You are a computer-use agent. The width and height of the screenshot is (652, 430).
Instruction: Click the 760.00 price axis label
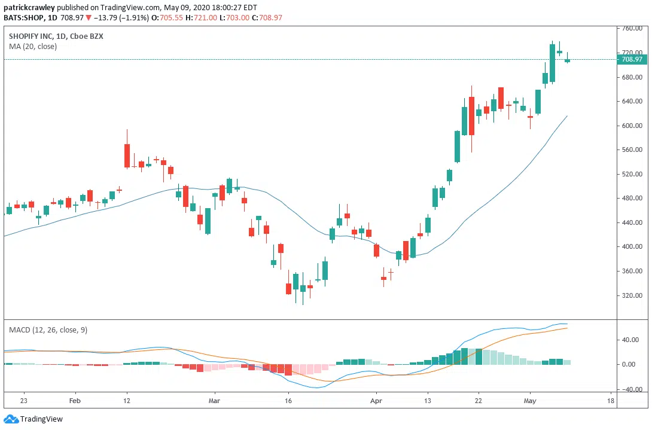click(x=632, y=29)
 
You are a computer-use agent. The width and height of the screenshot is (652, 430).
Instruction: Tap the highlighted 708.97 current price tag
click(x=632, y=59)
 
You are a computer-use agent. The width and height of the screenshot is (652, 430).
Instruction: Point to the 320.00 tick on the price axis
click(x=632, y=295)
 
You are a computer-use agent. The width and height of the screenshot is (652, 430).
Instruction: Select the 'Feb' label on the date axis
click(x=75, y=401)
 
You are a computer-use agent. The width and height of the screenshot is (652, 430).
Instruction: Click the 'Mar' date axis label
click(x=215, y=401)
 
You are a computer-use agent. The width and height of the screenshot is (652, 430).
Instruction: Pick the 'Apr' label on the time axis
click(x=376, y=401)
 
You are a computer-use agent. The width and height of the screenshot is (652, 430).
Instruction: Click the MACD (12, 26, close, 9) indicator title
click(x=48, y=330)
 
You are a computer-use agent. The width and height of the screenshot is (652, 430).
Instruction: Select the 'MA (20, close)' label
click(x=33, y=47)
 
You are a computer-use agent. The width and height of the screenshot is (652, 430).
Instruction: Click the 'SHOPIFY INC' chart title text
click(x=30, y=36)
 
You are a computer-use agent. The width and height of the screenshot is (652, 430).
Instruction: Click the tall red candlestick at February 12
click(x=127, y=155)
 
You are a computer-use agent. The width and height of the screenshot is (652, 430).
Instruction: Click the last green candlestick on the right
click(x=567, y=59)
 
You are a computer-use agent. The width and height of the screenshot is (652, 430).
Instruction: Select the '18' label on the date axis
click(x=610, y=401)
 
